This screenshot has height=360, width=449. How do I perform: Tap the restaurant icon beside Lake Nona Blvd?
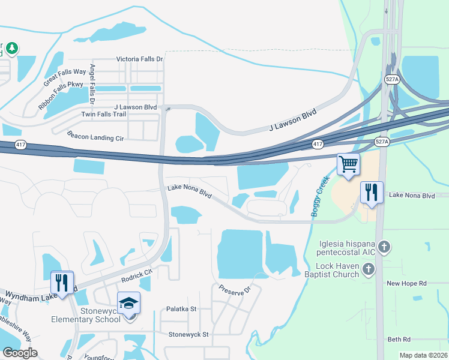pos(372,193)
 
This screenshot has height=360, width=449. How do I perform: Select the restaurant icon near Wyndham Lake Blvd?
pos(62,282)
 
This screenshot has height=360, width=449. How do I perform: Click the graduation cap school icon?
pos(128,303)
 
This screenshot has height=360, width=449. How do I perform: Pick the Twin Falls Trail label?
pos(104,114)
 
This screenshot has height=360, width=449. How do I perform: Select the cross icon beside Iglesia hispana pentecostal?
pos(385,247)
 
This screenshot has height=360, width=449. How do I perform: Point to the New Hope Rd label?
pos(406,283)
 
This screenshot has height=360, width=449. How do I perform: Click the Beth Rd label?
pos(399,339)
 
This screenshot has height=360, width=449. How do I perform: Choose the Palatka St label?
pos(181,309)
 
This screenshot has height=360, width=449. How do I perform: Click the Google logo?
pos(20,353)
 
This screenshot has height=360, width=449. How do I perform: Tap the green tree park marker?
pos(11,48)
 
